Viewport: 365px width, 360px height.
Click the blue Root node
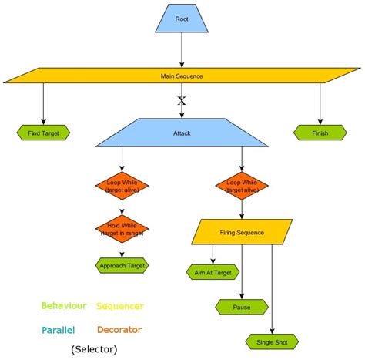tap(182, 19)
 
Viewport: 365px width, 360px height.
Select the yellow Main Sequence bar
tap(182, 76)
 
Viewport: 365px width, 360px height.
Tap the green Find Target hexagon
tap(43, 133)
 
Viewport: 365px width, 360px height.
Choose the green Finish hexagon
tap(320, 133)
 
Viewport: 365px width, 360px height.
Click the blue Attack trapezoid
tap(182, 133)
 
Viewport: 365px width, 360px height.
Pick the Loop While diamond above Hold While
tap(122, 186)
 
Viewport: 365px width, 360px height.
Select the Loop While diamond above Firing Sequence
tap(243, 186)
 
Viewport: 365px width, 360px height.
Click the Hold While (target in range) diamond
tap(122, 229)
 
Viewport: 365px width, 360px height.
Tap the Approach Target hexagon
tap(122, 265)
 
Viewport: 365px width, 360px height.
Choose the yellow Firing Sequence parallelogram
tap(243, 232)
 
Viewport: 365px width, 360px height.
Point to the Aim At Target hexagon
tap(213, 272)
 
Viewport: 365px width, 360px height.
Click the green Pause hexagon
tap(243, 307)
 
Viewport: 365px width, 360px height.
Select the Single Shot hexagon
tap(272, 341)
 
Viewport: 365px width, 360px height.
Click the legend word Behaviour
tap(64, 306)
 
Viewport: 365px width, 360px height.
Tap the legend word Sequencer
tap(119, 306)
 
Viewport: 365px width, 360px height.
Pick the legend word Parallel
tap(58, 330)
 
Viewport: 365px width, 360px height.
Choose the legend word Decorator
tap(119, 330)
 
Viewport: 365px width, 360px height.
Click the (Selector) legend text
tap(94, 349)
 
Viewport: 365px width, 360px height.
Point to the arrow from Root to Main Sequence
tap(182, 50)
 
